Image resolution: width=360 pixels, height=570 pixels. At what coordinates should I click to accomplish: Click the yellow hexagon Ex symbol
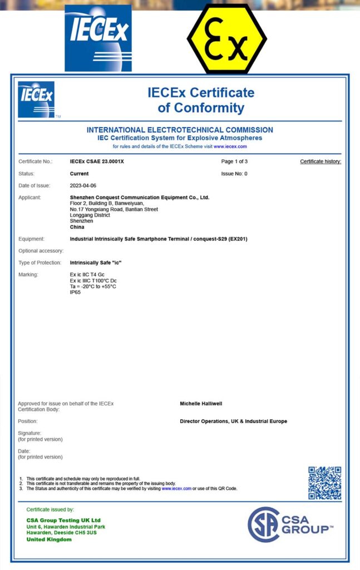(226, 39)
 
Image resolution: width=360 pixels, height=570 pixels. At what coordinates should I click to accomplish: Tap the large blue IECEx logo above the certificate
(98, 38)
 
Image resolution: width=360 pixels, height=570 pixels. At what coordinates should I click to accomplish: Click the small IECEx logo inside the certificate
(36, 100)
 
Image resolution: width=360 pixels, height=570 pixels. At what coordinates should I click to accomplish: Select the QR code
(324, 483)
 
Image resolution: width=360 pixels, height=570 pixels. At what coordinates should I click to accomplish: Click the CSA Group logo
(290, 524)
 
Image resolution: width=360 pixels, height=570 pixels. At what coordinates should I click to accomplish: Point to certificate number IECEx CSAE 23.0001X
(97, 161)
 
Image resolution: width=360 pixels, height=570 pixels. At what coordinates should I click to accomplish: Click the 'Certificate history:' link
(320, 161)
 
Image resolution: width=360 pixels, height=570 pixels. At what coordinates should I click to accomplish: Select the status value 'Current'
(79, 174)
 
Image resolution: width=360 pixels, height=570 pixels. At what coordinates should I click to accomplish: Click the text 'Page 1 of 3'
(234, 161)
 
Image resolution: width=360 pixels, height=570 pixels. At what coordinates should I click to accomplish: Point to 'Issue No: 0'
(234, 174)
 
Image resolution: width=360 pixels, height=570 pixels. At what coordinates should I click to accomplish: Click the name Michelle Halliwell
(201, 404)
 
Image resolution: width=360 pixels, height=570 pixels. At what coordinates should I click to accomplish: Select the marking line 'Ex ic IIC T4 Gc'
(87, 274)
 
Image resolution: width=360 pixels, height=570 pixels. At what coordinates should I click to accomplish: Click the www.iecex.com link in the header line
(230, 146)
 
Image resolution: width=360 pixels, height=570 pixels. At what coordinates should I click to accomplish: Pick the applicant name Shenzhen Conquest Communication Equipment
(139, 198)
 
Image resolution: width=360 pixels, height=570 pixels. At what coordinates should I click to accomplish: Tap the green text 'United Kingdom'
(49, 539)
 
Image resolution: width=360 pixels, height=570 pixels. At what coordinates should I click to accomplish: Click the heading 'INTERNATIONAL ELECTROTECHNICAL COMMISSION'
(180, 130)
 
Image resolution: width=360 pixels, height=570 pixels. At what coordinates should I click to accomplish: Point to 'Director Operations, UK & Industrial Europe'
(233, 421)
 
